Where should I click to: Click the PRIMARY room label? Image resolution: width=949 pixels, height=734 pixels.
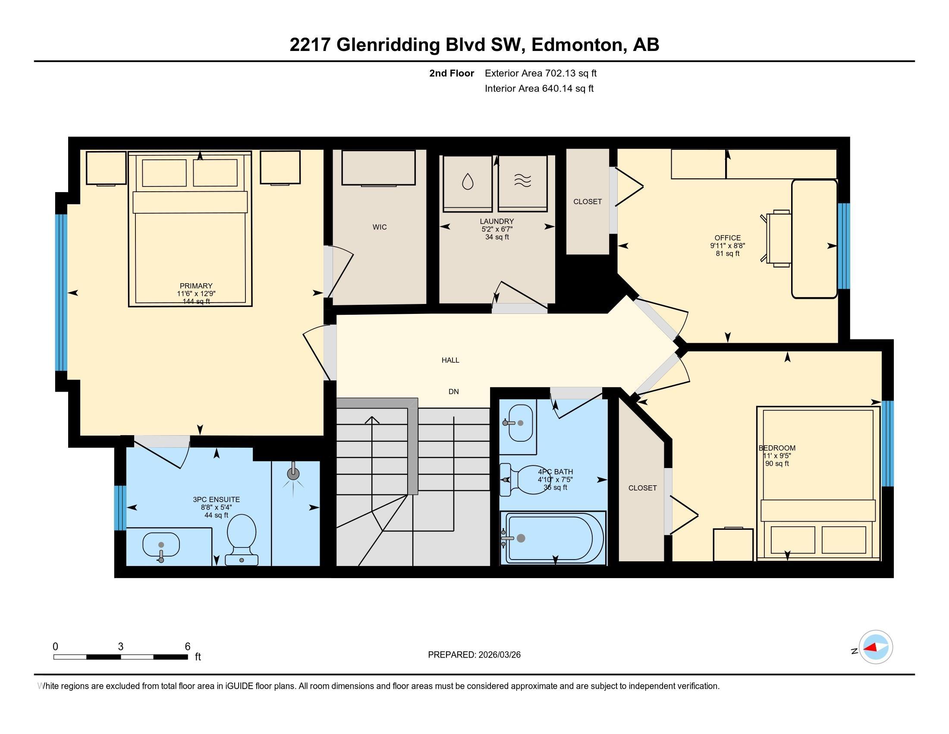pyautogui.click(x=196, y=286)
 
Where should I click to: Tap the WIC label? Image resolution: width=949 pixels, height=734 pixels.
pyautogui.click(x=379, y=227)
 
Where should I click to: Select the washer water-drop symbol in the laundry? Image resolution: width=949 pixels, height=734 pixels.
pyautogui.click(x=468, y=181)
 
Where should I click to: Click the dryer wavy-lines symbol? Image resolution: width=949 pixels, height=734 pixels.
pyautogui.click(x=522, y=180)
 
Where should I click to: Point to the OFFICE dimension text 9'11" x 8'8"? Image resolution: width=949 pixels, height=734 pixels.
pyautogui.click(x=727, y=246)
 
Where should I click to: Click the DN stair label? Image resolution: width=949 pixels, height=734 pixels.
pyautogui.click(x=454, y=392)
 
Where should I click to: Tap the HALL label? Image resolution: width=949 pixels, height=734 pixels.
pyautogui.click(x=450, y=360)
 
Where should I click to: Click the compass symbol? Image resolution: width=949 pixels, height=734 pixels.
pyautogui.click(x=876, y=647)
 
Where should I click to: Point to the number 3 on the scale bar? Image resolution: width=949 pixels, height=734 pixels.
pyautogui.click(x=121, y=647)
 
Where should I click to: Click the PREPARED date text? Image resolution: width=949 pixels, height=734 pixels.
pyautogui.click(x=474, y=655)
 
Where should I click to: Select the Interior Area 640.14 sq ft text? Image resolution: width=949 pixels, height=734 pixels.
pyautogui.click(x=539, y=89)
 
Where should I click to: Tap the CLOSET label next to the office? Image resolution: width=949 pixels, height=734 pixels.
pyautogui.click(x=588, y=202)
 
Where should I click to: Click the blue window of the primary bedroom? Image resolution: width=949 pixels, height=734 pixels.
pyautogui.click(x=61, y=292)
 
